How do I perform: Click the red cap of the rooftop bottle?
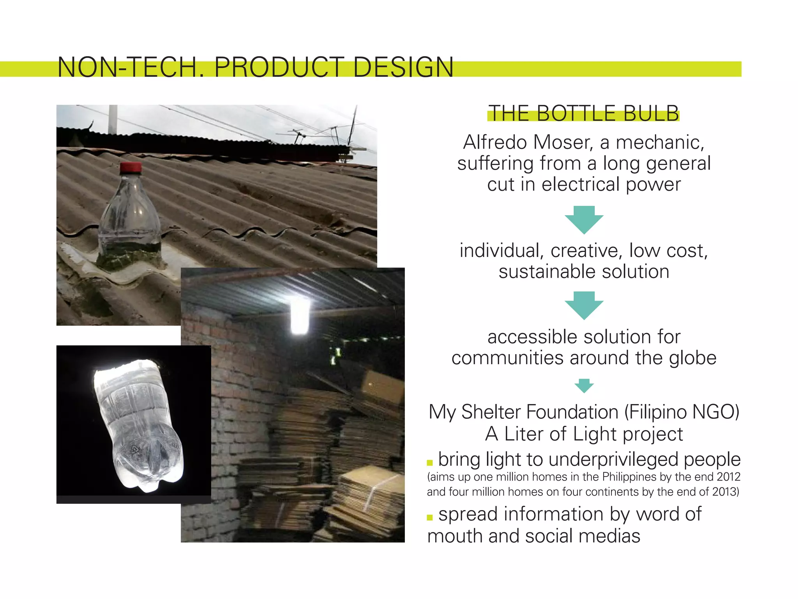[x=131, y=168]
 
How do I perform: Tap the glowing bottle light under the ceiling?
[x=300, y=316]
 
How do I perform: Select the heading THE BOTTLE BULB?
[x=583, y=113]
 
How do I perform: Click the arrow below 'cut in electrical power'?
[x=584, y=220]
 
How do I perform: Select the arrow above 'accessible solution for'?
[x=584, y=305]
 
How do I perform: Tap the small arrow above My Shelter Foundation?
[x=584, y=386]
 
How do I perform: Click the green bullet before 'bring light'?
[x=430, y=463]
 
